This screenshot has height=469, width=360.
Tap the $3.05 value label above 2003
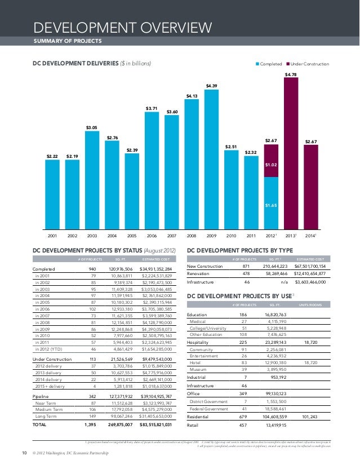[92, 128]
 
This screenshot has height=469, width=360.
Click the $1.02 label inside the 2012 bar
[272, 165]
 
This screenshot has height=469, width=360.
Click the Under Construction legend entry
[309, 64]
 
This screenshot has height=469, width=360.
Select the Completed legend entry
[269, 64]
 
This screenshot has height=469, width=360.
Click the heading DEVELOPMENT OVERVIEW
[123, 28]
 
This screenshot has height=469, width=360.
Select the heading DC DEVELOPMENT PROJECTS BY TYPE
[239, 250]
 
